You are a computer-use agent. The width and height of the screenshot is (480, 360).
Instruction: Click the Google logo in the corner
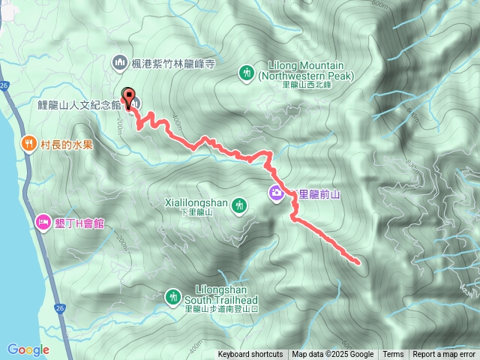28,349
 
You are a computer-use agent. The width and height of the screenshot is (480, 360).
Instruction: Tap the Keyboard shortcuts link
250,355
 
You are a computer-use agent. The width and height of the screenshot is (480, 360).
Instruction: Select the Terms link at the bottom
393,355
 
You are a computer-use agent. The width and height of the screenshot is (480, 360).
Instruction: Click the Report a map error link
445,355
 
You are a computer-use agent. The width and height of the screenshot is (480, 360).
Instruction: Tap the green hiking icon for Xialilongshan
239,204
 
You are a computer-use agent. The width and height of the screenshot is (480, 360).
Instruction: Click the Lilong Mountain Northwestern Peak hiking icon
247,73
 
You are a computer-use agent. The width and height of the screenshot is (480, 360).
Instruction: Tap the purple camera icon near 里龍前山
277,193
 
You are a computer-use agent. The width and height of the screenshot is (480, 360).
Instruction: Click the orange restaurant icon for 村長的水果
28,142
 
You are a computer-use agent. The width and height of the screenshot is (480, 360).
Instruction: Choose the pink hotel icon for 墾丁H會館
42,222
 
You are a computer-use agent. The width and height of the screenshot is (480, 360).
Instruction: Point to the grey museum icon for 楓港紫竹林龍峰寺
118,63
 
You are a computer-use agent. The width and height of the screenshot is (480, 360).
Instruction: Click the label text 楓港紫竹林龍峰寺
173,64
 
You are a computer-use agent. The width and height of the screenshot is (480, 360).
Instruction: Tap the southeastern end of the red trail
357,262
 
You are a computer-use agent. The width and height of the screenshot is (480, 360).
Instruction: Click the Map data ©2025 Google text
333,355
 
